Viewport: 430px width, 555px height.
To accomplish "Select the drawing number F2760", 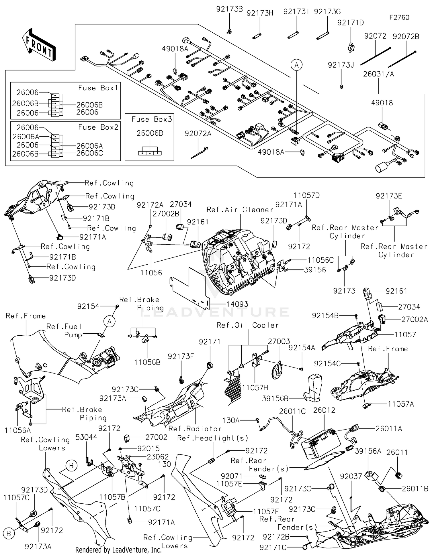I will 399,17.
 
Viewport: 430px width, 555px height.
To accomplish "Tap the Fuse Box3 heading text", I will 152,119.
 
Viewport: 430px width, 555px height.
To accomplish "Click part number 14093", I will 237,304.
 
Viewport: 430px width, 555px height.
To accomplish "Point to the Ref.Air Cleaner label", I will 240,210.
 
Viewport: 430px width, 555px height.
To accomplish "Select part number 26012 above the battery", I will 324,410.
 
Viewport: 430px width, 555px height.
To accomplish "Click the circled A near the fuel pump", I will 110,322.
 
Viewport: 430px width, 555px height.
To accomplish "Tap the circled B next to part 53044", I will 71,466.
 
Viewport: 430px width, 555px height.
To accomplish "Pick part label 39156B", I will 275,398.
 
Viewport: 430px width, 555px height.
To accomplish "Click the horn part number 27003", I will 279,341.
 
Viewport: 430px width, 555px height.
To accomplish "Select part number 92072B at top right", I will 406,37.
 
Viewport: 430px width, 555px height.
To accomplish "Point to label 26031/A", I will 378,74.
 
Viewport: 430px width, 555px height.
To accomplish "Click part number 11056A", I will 18,430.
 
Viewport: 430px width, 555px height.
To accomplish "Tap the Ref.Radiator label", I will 195,429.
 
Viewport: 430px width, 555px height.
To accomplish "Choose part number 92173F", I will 181,356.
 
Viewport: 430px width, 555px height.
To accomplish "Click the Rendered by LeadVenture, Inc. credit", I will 118,550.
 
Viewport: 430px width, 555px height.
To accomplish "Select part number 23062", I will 158,456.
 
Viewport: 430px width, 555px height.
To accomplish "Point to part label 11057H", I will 255,388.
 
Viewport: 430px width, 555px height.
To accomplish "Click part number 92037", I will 351,476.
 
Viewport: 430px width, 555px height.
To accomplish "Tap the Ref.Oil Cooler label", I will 248,325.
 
